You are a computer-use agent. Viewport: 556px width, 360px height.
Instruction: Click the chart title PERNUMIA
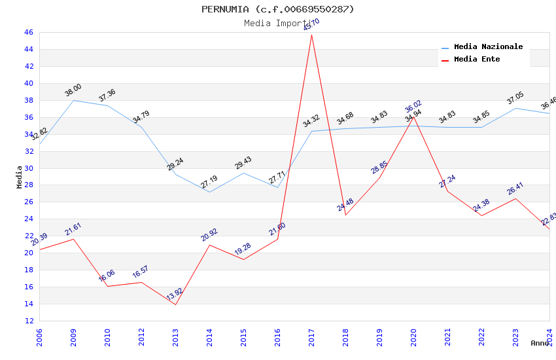coord(277,9)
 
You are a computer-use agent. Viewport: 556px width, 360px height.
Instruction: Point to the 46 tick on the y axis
coord(28,32)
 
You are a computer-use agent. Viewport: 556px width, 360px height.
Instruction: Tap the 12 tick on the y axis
coord(28,321)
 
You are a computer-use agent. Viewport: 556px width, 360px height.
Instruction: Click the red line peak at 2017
coord(311,35)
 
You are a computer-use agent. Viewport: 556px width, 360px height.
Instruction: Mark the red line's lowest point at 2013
coord(175,304)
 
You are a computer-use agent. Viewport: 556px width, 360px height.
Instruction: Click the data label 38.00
coord(73,90)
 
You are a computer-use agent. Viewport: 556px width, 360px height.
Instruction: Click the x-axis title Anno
coord(540,343)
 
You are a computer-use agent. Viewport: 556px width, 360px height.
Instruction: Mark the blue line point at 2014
coord(209,192)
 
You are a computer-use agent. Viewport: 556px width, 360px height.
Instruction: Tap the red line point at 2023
coord(515,198)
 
